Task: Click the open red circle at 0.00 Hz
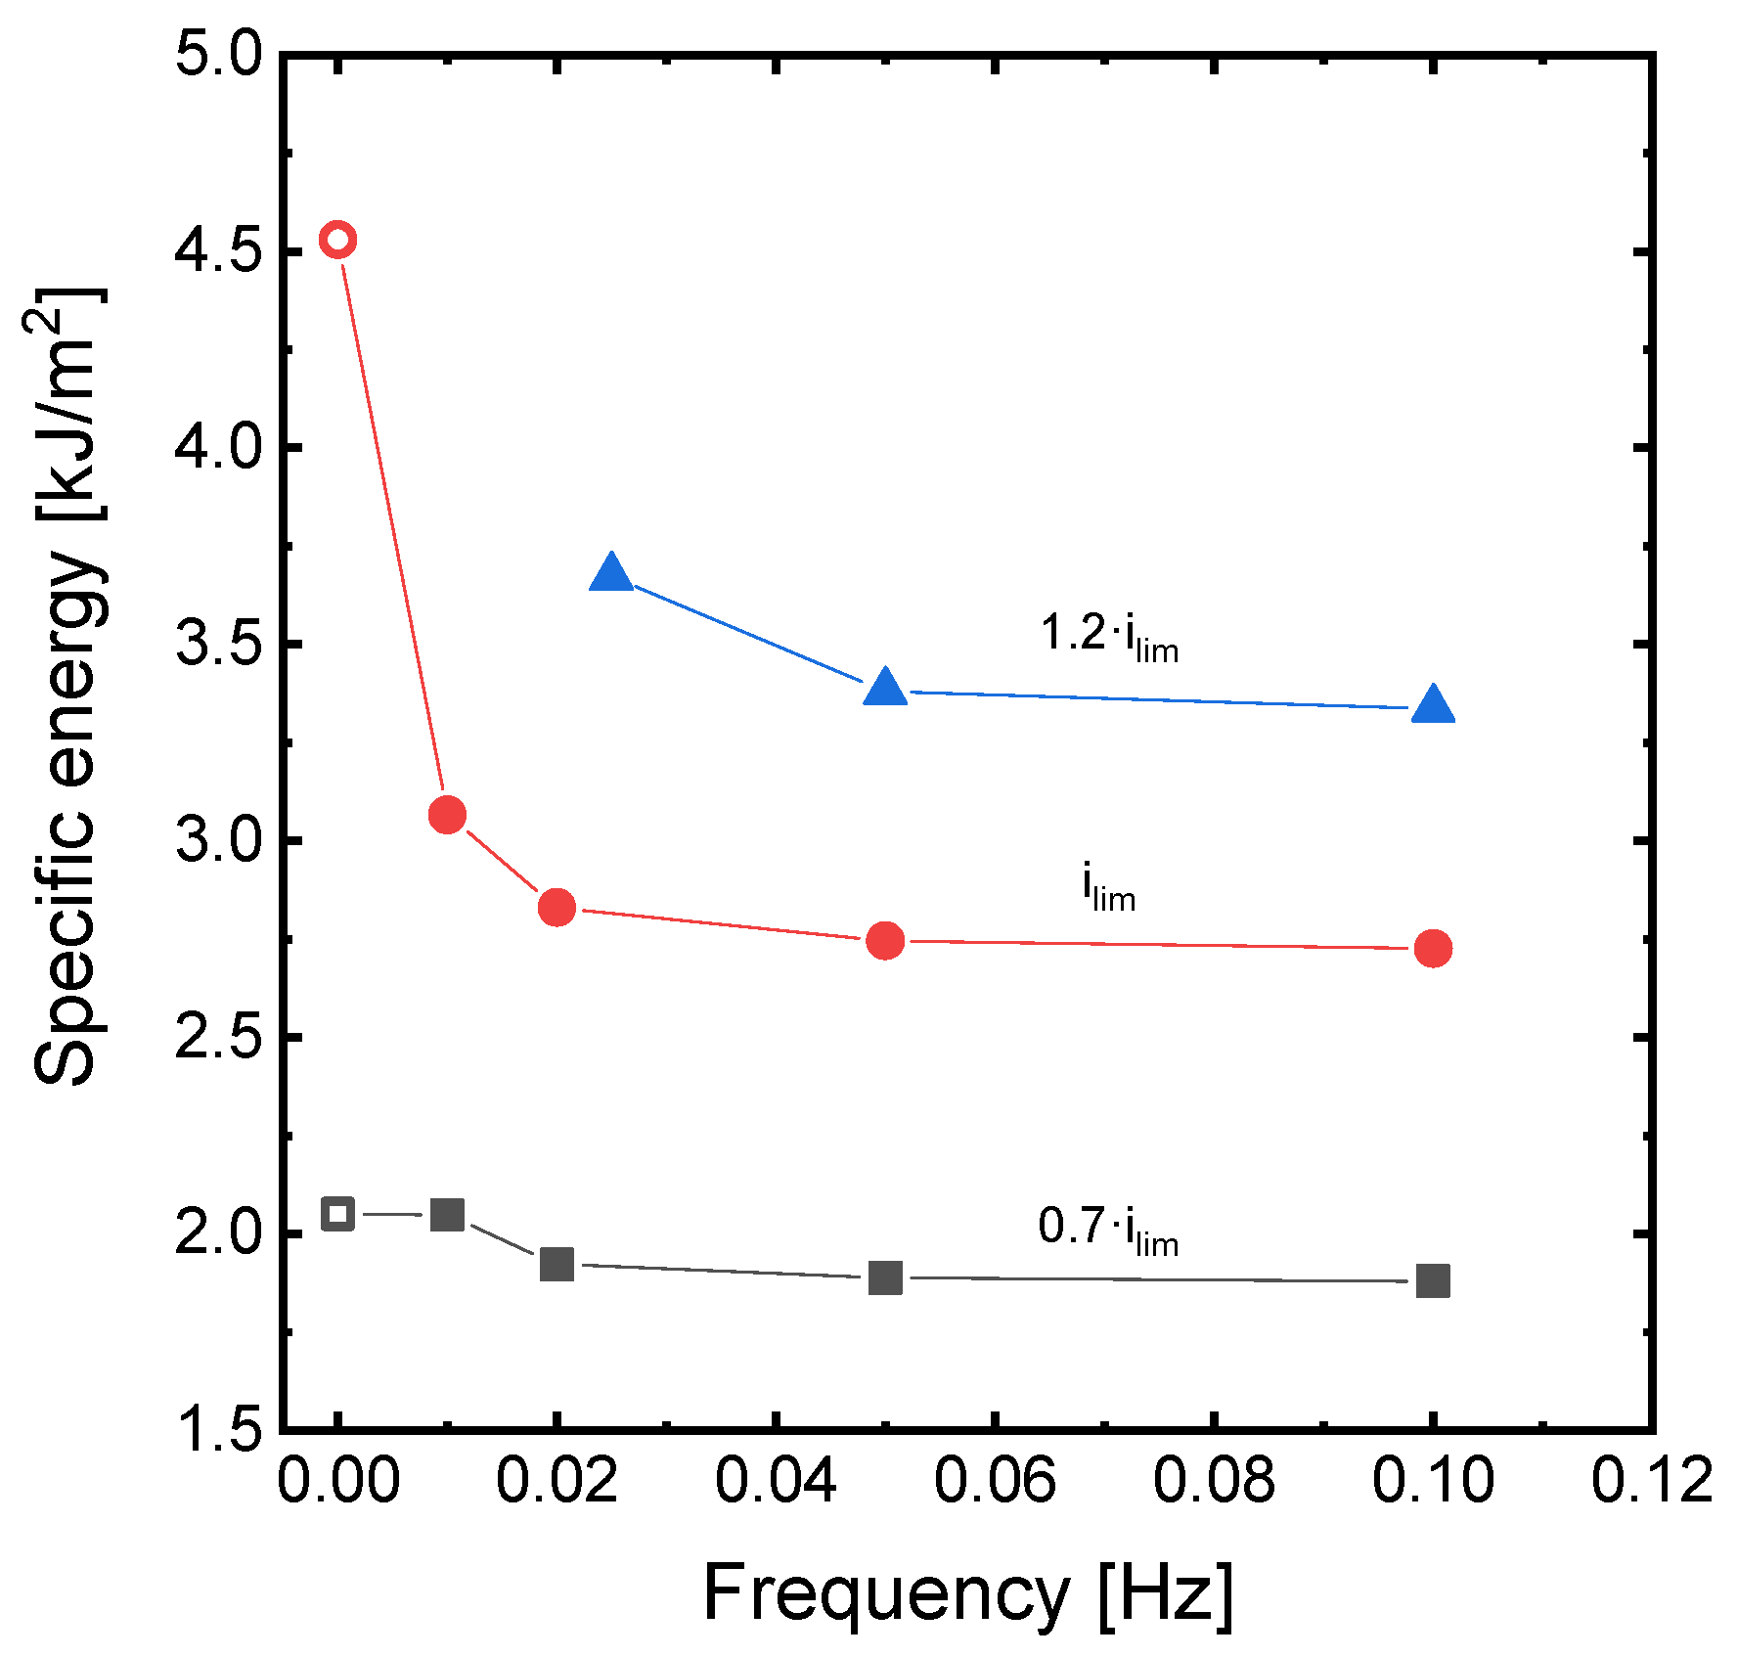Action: point(337,239)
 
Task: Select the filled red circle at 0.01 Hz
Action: point(447,814)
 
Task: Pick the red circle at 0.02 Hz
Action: point(557,908)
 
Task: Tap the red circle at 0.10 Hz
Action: point(1433,948)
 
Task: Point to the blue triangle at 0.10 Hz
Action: point(1433,705)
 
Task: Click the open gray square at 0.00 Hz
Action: point(337,1214)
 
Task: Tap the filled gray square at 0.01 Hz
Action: point(447,1215)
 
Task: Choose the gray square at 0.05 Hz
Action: point(885,1277)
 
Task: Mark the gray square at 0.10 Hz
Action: point(1433,1280)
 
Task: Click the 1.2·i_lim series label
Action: point(1109,636)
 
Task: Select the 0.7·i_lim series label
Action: point(1108,1230)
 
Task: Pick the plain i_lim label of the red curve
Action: point(1108,888)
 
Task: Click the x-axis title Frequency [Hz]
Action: point(967,1593)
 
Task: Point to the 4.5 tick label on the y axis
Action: point(218,251)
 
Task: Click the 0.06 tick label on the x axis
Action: point(994,1480)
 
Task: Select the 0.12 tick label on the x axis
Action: point(1651,1480)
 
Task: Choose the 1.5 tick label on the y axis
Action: point(218,1430)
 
